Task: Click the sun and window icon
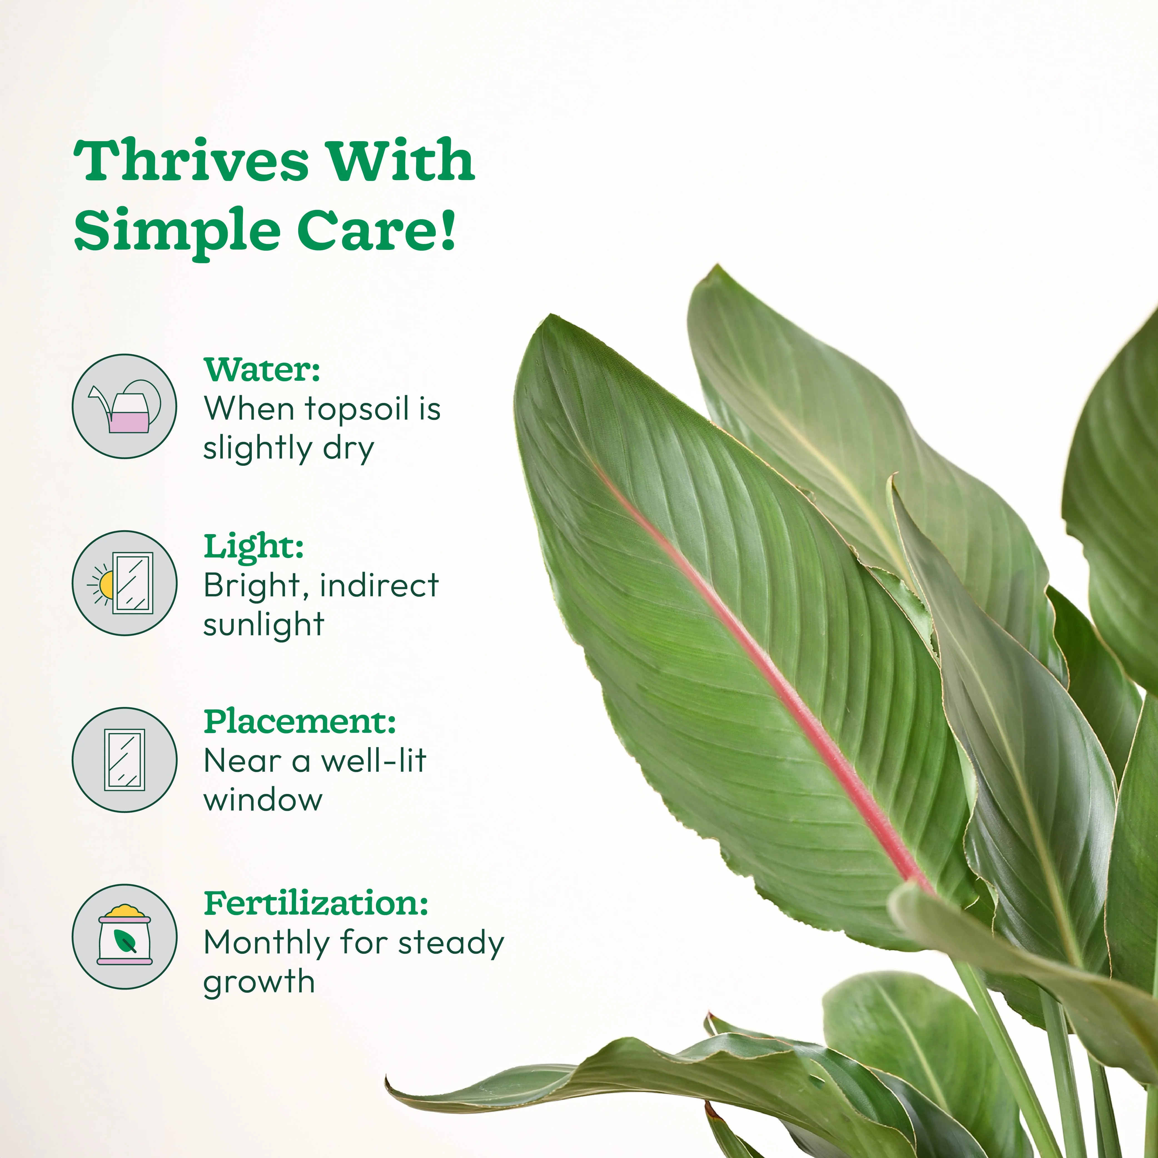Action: pos(125,582)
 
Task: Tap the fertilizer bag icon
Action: pos(125,936)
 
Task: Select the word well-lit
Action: pos(373,761)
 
